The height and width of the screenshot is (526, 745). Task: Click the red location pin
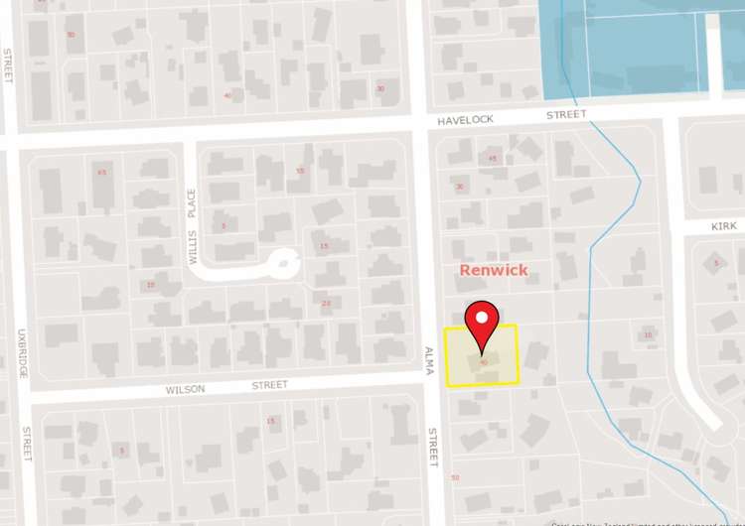[482, 323]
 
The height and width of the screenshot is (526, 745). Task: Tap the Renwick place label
[493, 270]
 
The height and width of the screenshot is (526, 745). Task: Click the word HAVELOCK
[466, 120]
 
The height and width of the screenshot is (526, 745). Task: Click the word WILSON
[187, 389]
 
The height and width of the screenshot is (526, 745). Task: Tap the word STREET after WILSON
[269, 384]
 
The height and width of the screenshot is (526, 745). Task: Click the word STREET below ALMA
[433, 447]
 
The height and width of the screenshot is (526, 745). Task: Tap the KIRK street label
[723, 226]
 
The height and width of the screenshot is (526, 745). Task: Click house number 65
[101, 172]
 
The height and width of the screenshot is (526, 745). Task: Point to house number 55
[300, 171]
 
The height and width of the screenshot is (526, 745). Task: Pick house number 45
[492, 158]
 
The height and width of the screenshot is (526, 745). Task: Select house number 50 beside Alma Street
[455, 477]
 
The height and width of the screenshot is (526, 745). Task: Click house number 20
[326, 303]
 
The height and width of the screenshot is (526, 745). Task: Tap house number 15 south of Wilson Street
[269, 421]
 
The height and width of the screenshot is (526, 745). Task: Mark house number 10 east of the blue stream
[648, 335]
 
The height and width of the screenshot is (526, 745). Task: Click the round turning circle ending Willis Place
[284, 264]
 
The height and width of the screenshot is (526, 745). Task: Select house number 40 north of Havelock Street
[228, 95]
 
